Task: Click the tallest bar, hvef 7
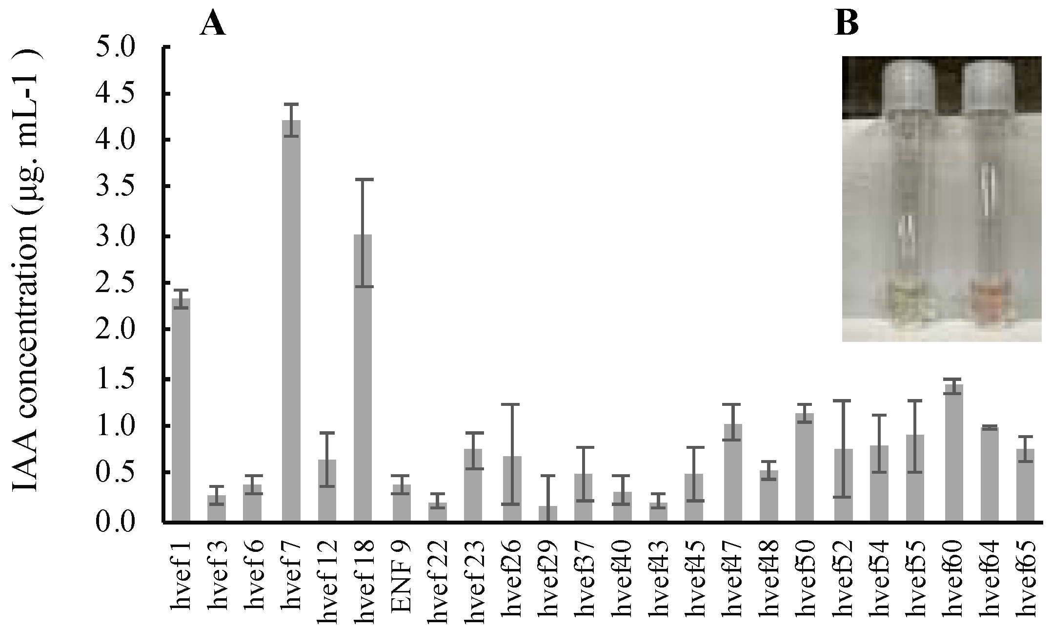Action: tap(291, 322)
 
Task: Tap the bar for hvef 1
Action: tap(181, 410)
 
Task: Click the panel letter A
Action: tap(213, 24)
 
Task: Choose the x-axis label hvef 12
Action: tap(327, 581)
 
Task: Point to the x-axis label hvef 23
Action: tap(473, 581)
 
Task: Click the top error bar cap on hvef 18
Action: tap(363, 180)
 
